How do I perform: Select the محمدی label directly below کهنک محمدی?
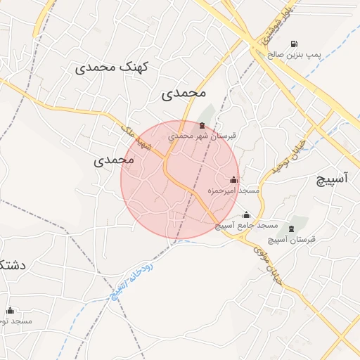[184, 93]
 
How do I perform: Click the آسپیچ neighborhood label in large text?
[330, 179]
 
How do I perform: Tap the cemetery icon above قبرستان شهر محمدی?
[202, 126]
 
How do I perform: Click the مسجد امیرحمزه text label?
[233, 191]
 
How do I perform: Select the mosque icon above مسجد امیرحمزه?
[234, 180]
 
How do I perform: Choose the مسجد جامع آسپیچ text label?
[246, 226]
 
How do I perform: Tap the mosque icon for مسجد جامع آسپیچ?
[246, 215]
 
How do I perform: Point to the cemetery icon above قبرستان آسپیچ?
[291, 229]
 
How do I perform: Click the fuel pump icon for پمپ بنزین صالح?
[293, 44]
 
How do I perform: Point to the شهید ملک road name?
[136, 136]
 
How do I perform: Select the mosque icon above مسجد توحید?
[10, 310]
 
